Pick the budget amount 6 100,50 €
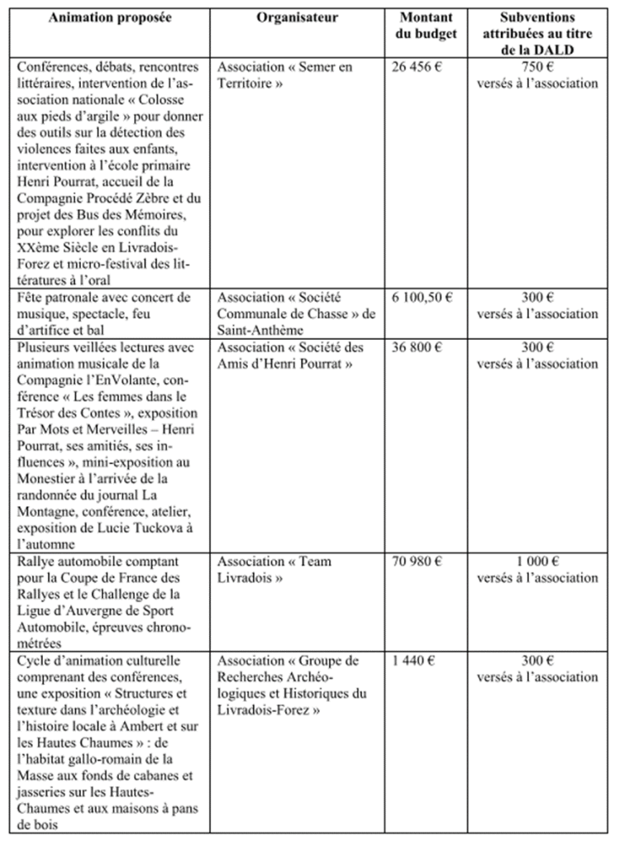(x=420, y=297)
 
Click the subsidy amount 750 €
(x=537, y=66)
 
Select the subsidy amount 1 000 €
(x=537, y=562)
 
